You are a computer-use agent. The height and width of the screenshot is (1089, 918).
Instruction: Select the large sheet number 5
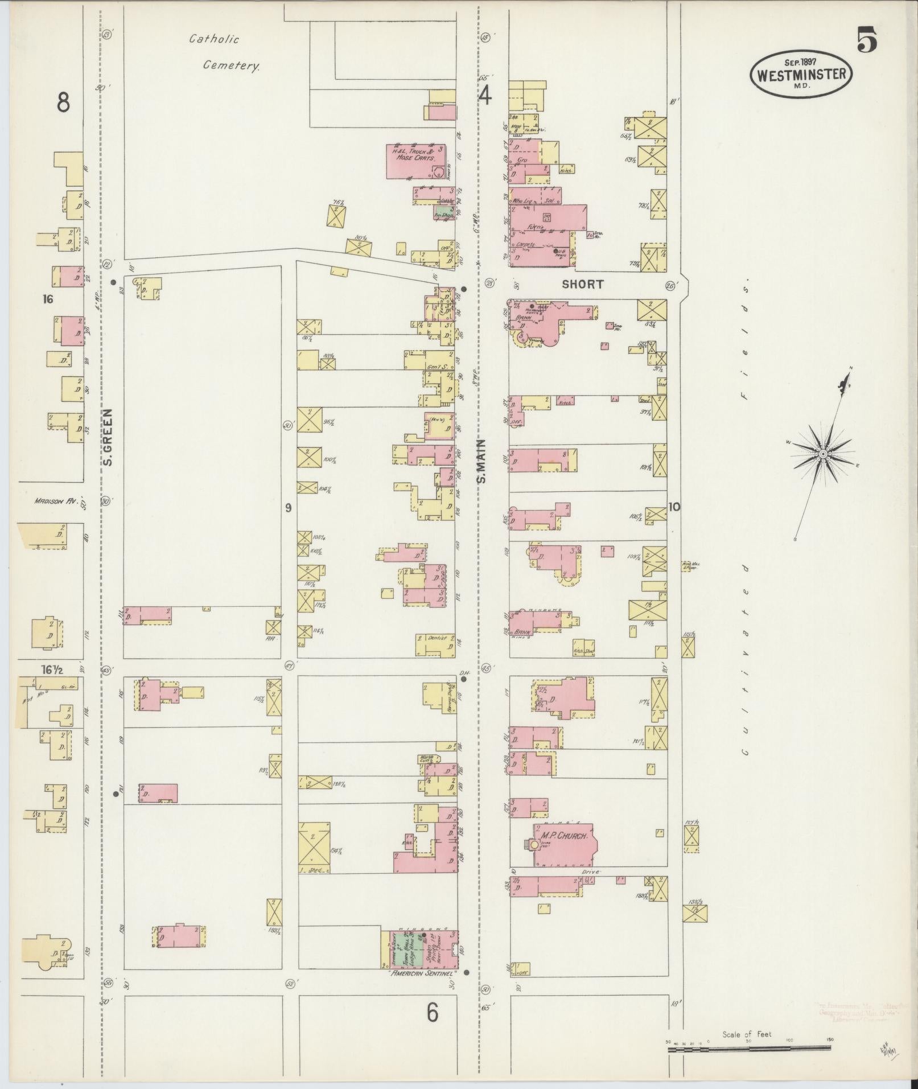[x=866, y=42]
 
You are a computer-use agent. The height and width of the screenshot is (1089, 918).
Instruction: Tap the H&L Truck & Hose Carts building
[x=415, y=161]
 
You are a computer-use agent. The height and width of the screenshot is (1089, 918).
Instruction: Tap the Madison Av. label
[x=55, y=502]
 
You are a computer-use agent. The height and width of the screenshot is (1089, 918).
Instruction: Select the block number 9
[x=288, y=507]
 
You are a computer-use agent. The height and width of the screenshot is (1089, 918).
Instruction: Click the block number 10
[x=674, y=507]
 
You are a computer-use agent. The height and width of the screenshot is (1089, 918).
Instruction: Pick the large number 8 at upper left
[x=63, y=103]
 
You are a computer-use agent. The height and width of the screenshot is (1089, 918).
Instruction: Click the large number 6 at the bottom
[x=432, y=1013]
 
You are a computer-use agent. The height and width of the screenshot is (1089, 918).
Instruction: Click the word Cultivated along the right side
[x=744, y=660]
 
